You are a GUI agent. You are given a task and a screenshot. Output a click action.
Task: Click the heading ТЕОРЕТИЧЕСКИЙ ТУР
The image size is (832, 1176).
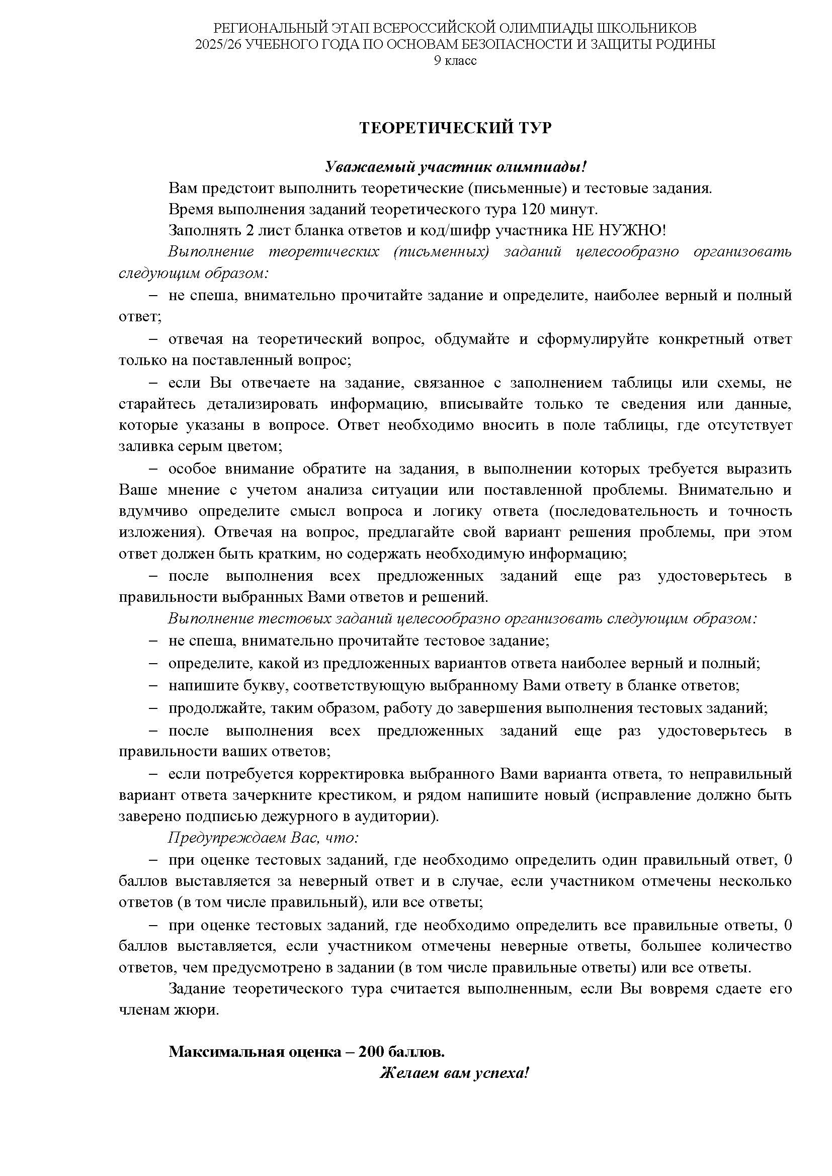(x=455, y=128)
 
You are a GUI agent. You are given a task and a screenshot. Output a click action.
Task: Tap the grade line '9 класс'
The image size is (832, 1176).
(x=455, y=61)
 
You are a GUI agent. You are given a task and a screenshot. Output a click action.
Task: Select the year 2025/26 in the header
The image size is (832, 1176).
(x=218, y=45)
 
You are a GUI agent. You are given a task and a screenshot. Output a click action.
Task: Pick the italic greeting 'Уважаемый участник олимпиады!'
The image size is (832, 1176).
(x=455, y=167)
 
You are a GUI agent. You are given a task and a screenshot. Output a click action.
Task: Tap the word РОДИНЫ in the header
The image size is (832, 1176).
(x=684, y=45)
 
